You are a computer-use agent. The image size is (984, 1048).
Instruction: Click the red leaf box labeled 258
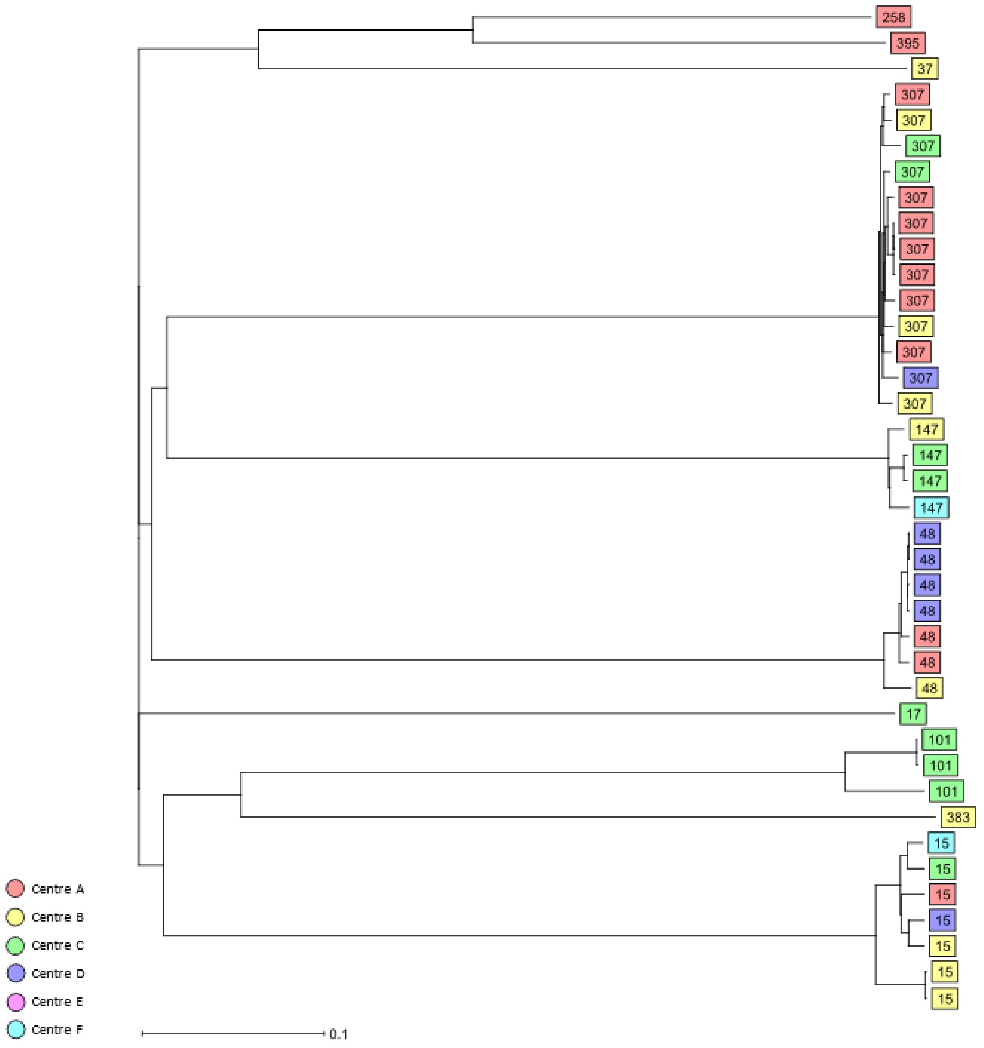tap(893, 17)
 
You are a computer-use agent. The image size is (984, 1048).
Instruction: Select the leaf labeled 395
tap(907, 43)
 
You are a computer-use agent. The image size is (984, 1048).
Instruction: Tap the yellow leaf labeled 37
tap(925, 69)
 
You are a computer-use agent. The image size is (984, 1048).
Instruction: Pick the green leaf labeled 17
tap(913, 714)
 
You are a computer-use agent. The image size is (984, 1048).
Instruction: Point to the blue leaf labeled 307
tap(920, 378)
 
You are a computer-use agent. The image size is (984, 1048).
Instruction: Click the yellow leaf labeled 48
tap(929, 688)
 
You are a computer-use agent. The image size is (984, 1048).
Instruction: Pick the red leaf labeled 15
tap(942, 895)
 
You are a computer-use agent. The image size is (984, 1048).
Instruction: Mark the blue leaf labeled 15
tap(942, 920)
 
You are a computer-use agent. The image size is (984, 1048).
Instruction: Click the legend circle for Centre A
tap(15, 888)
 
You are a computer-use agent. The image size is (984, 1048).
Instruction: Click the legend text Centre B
tap(57, 917)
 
